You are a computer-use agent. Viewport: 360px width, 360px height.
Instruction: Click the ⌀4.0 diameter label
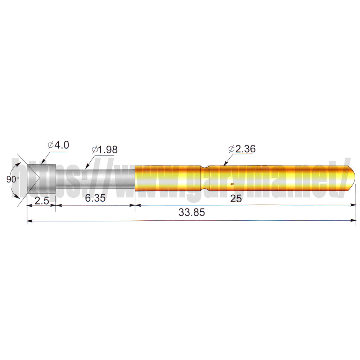click(58, 145)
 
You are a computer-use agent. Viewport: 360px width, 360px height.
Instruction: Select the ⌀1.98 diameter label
click(104, 149)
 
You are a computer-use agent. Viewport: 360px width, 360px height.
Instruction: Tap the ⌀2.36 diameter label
click(242, 149)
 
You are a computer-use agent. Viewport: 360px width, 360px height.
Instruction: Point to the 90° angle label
click(12, 179)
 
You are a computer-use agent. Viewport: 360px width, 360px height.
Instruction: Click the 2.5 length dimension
click(41, 201)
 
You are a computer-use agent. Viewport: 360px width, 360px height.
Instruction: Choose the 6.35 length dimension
click(95, 198)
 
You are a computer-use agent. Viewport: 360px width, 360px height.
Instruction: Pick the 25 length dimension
click(236, 199)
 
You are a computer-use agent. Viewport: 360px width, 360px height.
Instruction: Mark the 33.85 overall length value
click(192, 212)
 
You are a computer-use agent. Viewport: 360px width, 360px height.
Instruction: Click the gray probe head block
click(41, 179)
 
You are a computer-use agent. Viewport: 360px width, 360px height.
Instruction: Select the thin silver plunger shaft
click(95, 179)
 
